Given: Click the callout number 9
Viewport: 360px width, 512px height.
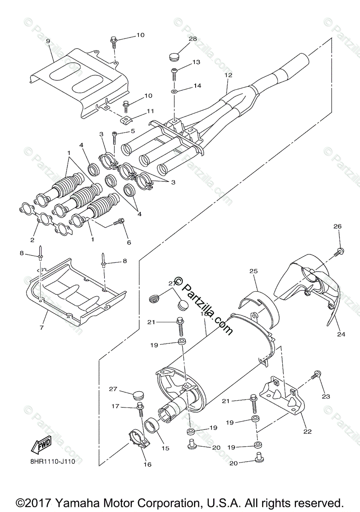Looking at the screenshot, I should click(48, 41).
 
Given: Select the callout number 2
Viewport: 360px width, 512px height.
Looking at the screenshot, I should click(32, 240).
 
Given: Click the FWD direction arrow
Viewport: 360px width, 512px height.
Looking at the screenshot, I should click(41, 446).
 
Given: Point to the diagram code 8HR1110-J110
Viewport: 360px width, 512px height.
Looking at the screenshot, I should click(56, 461).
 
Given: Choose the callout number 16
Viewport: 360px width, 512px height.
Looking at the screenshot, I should click(147, 465).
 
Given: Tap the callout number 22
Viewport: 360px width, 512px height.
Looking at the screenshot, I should click(307, 431).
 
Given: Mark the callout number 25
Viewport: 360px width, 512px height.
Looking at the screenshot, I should click(254, 271).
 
